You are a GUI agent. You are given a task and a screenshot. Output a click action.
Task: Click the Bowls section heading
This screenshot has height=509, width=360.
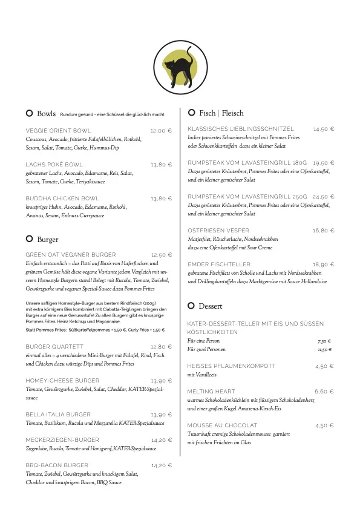(46, 114)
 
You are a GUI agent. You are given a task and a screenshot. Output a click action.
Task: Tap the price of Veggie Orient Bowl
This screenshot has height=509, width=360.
(162, 131)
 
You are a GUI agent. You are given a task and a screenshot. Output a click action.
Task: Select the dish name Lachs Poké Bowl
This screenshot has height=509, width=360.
(54, 165)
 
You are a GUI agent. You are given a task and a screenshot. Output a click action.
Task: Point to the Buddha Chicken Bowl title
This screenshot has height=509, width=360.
(62, 199)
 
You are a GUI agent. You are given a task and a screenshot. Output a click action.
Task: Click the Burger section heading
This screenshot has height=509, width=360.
(48, 240)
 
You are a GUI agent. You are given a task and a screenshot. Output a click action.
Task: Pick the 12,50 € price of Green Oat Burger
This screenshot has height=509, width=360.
(162, 255)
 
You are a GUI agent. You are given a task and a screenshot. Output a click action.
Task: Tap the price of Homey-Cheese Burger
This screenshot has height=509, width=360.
(162, 381)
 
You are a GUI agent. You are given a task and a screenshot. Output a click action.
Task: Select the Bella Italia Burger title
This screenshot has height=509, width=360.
(58, 415)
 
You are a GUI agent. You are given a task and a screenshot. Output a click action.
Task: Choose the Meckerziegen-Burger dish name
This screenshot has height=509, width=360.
(62, 440)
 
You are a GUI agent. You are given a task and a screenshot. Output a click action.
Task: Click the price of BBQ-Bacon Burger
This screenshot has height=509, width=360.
(162, 465)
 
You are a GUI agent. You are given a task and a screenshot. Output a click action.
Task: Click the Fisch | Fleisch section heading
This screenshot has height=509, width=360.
(221, 113)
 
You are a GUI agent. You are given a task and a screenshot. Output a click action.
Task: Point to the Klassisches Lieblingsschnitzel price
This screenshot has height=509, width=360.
(324, 130)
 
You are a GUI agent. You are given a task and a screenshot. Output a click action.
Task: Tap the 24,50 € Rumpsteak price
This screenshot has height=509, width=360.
(324, 197)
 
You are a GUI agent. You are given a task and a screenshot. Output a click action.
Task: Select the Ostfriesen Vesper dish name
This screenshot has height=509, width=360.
(218, 231)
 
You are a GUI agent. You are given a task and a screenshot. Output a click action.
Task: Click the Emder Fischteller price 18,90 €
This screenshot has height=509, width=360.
(324, 264)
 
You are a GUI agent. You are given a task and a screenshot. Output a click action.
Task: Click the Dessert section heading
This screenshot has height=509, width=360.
(211, 306)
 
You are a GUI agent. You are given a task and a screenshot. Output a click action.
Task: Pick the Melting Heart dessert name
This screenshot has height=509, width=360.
(211, 392)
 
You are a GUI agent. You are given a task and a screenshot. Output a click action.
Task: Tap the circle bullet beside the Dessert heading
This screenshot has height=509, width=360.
(191, 306)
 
